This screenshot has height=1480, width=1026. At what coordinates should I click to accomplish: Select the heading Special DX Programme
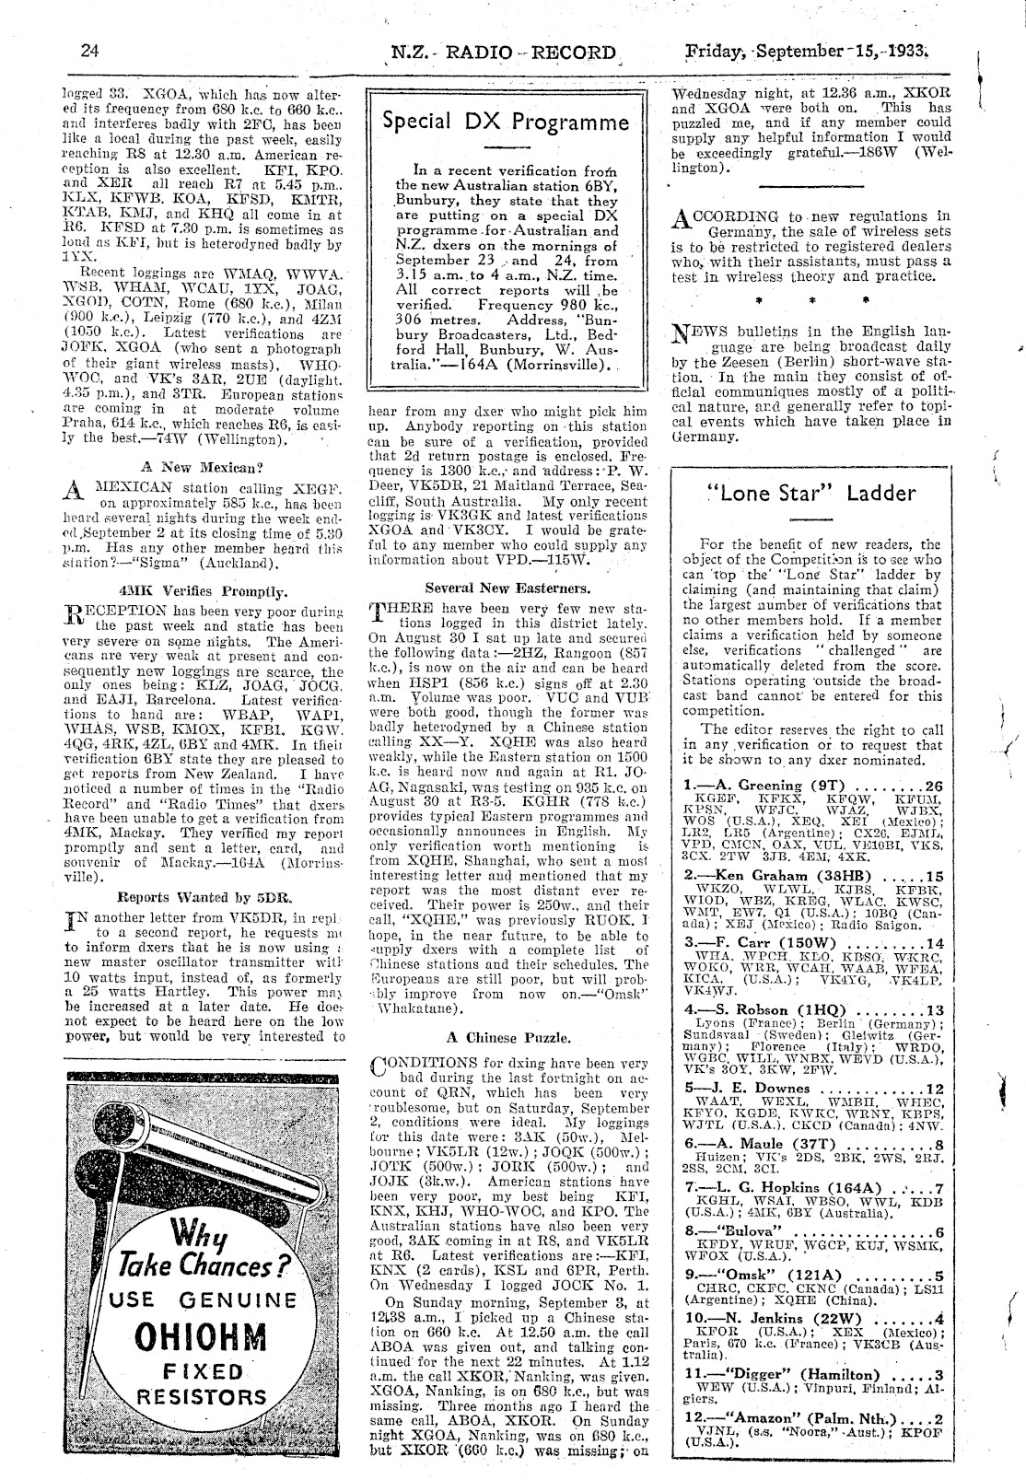point(507,122)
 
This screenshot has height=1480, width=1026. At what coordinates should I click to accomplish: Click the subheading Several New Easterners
point(507,587)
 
